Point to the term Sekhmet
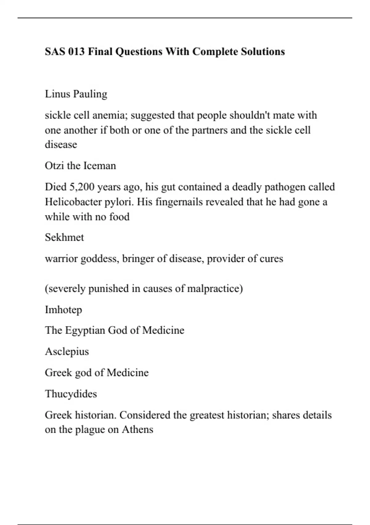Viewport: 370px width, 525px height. tap(64, 237)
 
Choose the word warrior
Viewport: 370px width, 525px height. tap(61, 258)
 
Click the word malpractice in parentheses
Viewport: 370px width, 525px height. tap(213, 289)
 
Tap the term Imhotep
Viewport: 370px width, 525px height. tap(64, 310)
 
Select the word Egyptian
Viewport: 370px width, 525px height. tap(85, 331)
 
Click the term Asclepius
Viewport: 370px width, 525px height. tap(67, 352)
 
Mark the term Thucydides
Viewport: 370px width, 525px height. tap(71, 394)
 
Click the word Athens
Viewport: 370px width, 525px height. tap(138, 430)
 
